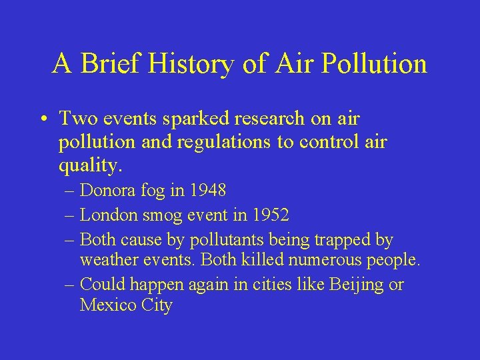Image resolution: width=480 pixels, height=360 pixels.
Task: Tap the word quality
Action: point(87,166)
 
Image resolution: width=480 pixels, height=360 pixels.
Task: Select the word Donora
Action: point(107,191)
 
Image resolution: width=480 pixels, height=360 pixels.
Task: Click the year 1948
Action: point(207,191)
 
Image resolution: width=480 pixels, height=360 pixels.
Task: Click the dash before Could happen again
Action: point(71,285)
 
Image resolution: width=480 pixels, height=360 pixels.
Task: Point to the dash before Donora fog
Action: point(71,191)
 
